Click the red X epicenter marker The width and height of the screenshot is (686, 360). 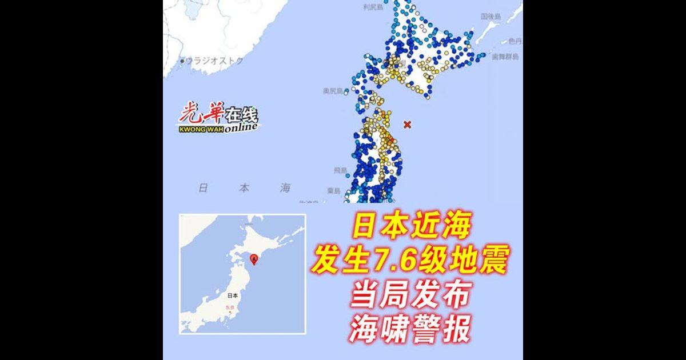pyautogui.click(x=407, y=124)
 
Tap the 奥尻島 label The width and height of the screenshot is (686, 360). pyautogui.click(x=332, y=91)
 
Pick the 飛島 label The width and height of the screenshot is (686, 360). pyautogui.click(x=340, y=170)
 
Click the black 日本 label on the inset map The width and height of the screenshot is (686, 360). pyautogui.click(x=232, y=295)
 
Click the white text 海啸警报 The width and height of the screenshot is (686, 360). pyautogui.click(x=410, y=331)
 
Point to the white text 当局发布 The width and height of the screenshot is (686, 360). pyautogui.click(x=410, y=296)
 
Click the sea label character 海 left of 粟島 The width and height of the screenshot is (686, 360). pyautogui.click(x=285, y=188)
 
